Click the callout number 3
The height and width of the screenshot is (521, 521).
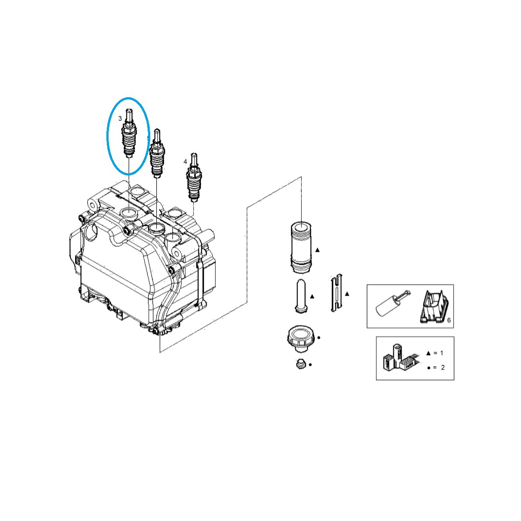(120, 118)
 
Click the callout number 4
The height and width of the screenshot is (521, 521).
(185, 162)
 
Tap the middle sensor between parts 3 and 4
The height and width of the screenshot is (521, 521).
(156, 154)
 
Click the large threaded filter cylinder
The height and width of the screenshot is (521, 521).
(301, 247)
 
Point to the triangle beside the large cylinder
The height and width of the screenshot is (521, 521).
(317, 251)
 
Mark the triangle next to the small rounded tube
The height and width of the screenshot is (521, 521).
(312, 297)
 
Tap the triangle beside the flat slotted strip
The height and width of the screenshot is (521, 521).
(347, 294)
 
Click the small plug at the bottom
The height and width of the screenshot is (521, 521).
(299, 364)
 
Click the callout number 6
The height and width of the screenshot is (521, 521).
(449, 320)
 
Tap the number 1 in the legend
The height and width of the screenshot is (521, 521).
(442, 353)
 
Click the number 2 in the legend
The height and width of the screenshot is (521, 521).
(442, 367)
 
